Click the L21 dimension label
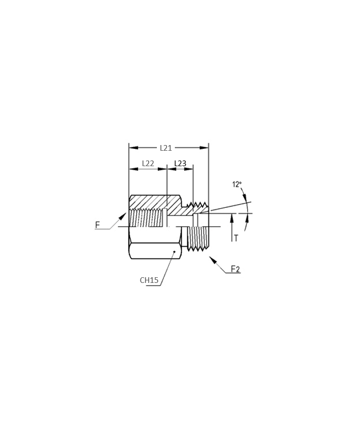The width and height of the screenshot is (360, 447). (166, 148)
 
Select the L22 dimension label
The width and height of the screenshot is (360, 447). (148, 164)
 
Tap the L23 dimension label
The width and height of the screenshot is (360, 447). (180, 164)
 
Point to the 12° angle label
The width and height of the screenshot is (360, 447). (237, 184)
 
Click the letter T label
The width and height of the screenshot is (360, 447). (236, 238)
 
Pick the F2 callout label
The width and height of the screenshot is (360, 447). (235, 269)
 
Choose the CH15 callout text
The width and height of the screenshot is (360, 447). (149, 280)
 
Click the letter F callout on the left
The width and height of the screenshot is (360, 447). (98, 225)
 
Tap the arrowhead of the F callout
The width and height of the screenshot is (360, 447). (122, 217)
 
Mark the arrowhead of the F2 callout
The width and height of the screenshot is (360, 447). (213, 260)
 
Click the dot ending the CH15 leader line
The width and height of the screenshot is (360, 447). (174, 252)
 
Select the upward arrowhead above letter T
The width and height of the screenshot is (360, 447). (232, 218)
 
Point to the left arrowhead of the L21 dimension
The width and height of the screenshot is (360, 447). (133, 148)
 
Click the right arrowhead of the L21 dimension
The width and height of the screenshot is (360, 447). (204, 148)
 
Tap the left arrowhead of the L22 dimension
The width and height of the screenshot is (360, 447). (133, 169)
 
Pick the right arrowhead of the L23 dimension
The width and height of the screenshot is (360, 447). (189, 169)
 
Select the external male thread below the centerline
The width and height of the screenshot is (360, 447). (197, 238)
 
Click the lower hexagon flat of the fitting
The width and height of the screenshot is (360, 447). (155, 251)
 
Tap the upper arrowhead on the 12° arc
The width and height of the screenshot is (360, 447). (244, 196)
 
